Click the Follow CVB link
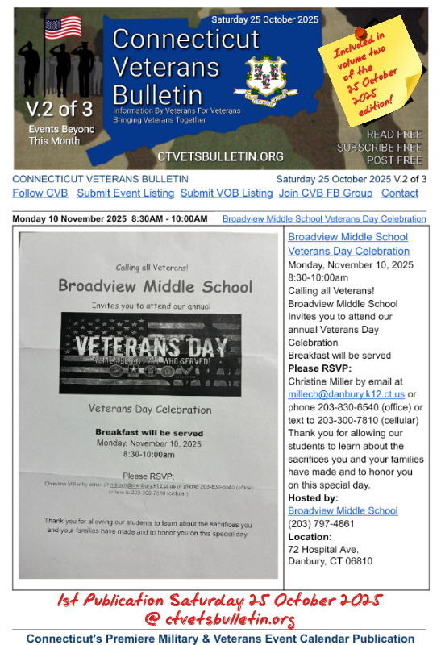click(x=40, y=193)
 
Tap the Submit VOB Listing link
click(x=227, y=193)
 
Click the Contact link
click(x=400, y=193)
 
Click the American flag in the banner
click(x=63, y=28)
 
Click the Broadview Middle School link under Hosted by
click(x=343, y=510)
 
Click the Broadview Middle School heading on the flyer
click(x=155, y=286)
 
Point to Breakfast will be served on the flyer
click(x=148, y=431)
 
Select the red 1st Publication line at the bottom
click(x=220, y=601)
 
